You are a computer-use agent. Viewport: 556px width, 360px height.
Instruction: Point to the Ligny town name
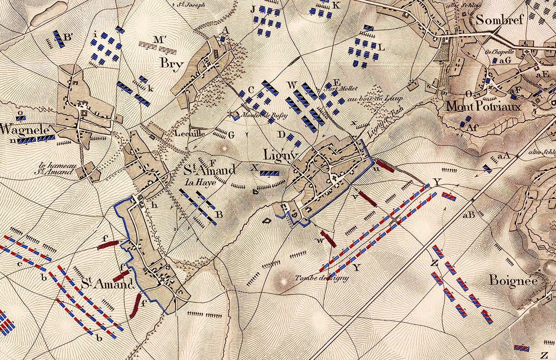tap(278, 153)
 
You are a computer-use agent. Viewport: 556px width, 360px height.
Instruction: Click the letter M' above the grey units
tap(161, 39)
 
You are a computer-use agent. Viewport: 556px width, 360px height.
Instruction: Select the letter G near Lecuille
tap(231, 135)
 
